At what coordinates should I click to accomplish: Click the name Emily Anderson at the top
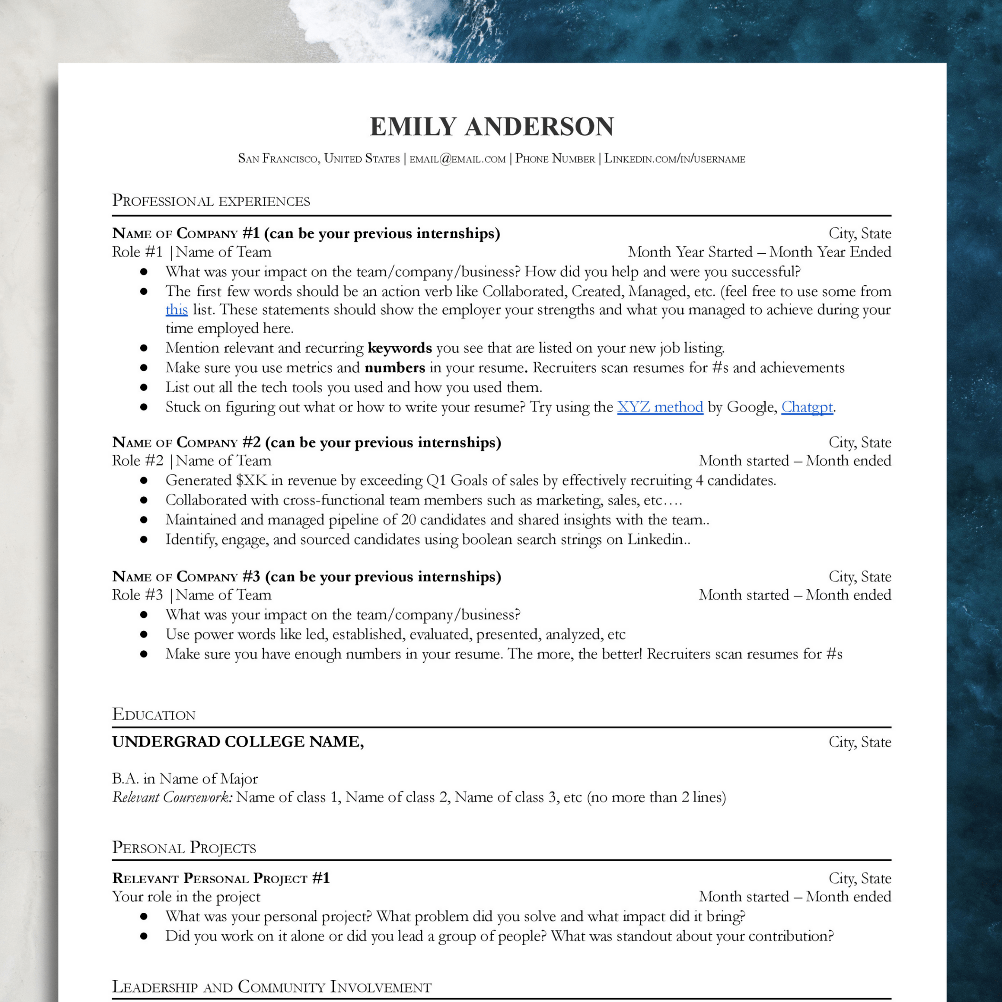coord(491,127)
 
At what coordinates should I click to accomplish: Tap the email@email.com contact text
coord(458,159)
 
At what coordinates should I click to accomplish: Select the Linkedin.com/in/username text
coord(675,159)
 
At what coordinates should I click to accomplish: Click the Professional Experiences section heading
coord(211,201)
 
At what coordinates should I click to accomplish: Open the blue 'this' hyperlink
coord(177,310)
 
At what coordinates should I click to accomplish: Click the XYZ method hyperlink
coord(660,407)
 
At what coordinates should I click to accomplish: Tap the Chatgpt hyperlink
coord(807,407)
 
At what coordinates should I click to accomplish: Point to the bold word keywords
coord(399,348)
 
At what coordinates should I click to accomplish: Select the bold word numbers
coord(395,368)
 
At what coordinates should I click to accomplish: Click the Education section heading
coord(154,714)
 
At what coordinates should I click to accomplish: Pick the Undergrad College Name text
coord(238,741)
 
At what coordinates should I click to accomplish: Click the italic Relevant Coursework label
coord(172,797)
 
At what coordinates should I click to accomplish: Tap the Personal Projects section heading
coord(184,847)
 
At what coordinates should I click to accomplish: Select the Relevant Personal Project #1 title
coord(221,878)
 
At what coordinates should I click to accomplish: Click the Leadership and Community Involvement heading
coord(271,986)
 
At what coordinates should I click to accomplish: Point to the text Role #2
coord(137,460)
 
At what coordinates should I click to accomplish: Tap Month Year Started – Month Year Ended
coord(759,252)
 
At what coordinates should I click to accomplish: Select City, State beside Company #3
coord(859,577)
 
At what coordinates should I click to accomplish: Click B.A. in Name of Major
coord(185,779)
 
